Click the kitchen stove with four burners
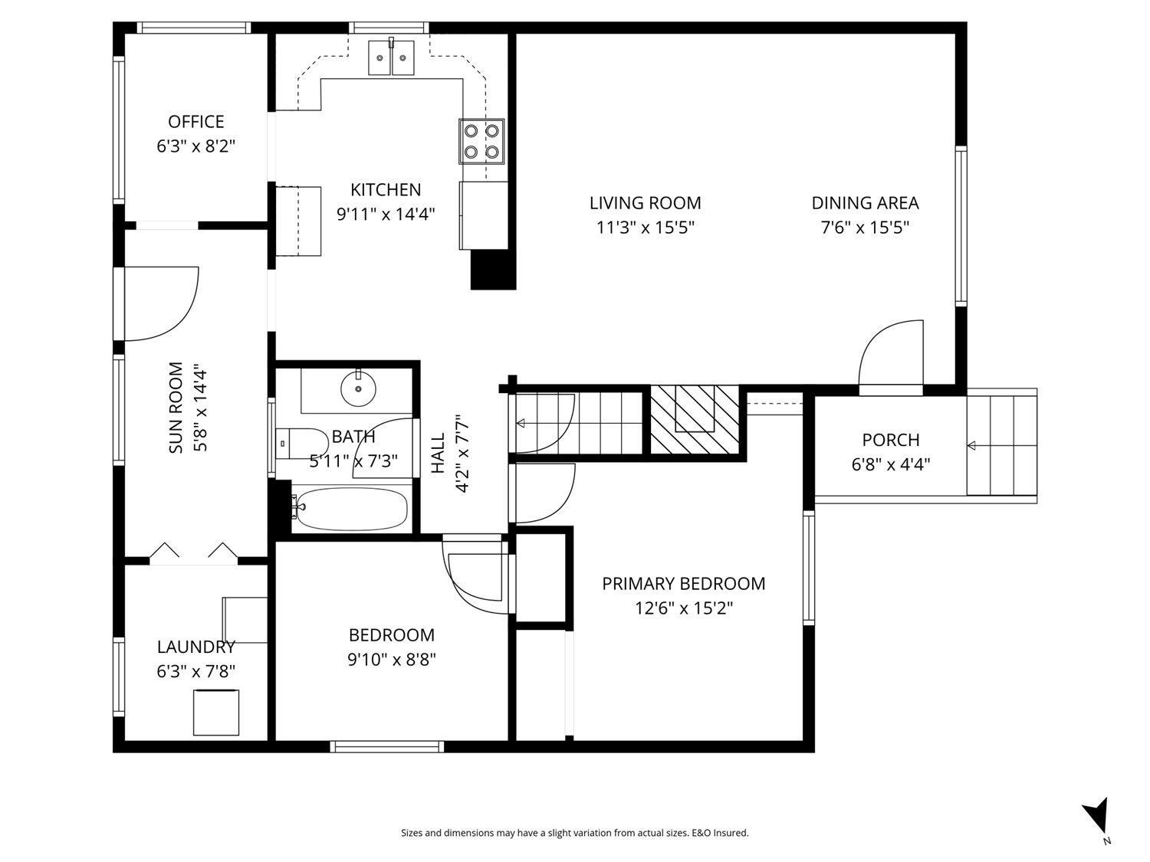[x=482, y=141]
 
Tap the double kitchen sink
[x=391, y=57]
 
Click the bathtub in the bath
[x=351, y=509]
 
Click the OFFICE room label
[x=196, y=122]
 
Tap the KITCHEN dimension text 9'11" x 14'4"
[x=386, y=214]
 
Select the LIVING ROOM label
[x=645, y=203]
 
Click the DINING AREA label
[x=865, y=203]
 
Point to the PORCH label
[x=890, y=440]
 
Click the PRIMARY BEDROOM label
[x=683, y=584]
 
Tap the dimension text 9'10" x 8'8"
[x=391, y=660]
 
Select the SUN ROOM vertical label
[x=176, y=407]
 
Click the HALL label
[x=438, y=453]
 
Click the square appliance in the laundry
[x=215, y=713]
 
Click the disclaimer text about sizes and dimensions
[x=574, y=833]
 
